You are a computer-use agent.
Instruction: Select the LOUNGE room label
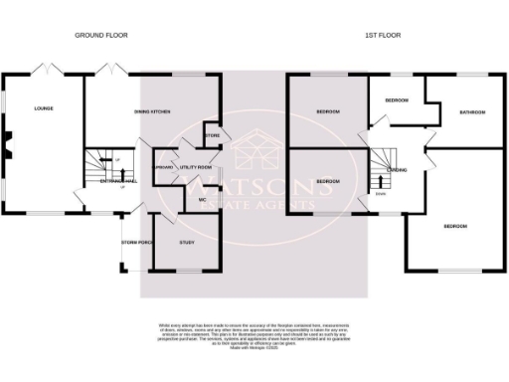[43, 108]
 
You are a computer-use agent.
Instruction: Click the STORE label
[211, 135]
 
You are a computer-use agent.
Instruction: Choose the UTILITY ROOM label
[195, 167]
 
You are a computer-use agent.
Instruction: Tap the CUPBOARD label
[163, 168]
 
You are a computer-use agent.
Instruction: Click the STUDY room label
[186, 242]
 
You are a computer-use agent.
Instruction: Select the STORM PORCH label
[135, 242]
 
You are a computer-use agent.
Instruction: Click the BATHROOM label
[471, 112]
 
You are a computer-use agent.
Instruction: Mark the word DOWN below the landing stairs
[382, 193]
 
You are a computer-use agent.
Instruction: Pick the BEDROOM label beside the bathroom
[398, 100]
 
